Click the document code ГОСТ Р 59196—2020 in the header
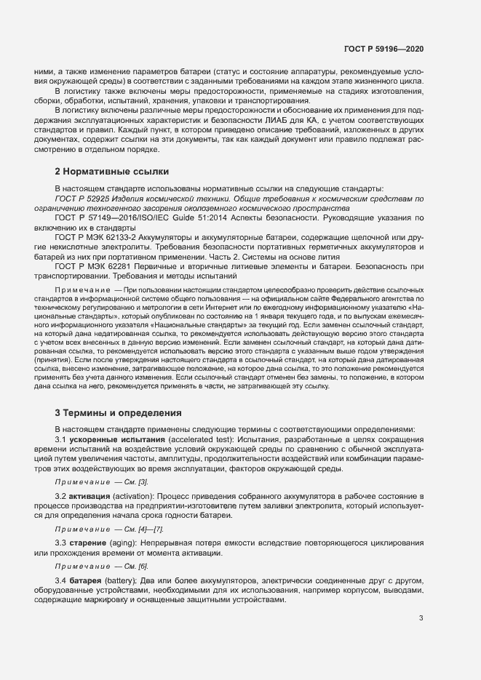(x=383, y=49)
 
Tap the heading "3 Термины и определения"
(x=118, y=412)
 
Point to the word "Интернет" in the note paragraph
(x=247, y=318)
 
